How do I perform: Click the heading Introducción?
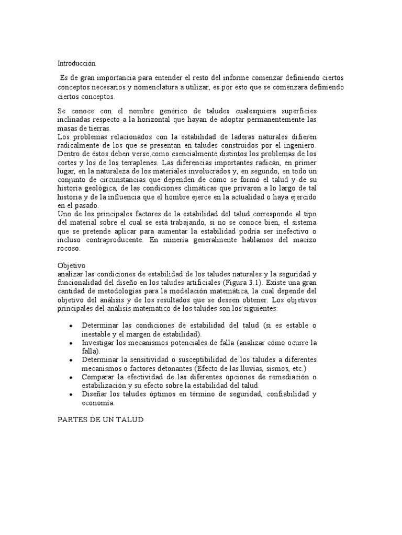[77, 63]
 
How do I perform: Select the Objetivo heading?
[71, 265]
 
